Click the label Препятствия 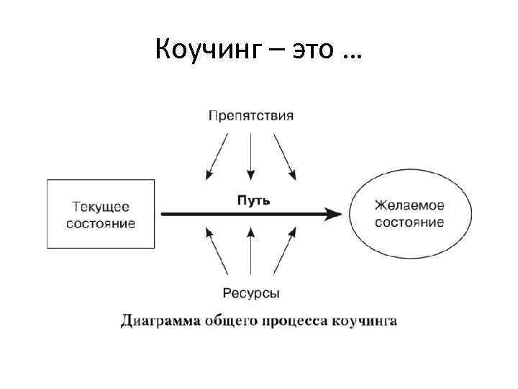[x=251, y=115]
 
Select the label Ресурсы [x=251, y=293]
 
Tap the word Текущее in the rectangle [x=101, y=207]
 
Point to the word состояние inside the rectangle [x=101, y=223]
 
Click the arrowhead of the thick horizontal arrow [x=332, y=214]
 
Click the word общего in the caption [x=229, y=321]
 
